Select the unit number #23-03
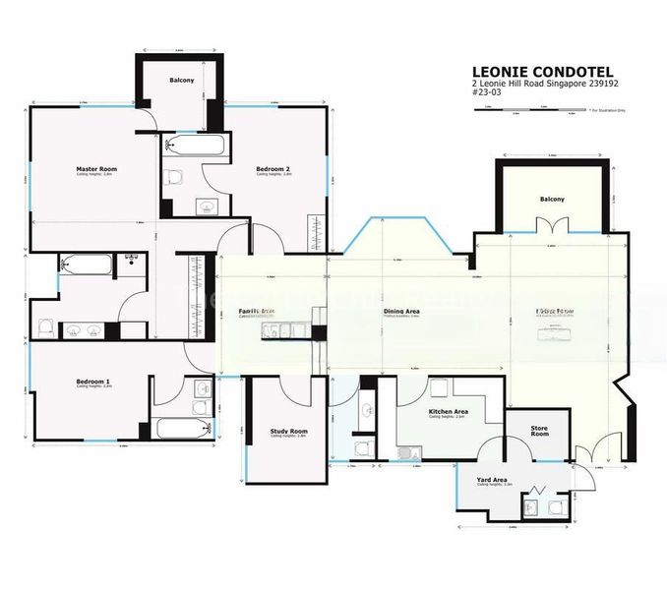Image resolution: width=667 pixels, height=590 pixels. pos(486,97)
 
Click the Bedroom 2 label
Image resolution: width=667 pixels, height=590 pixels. pos(273,169)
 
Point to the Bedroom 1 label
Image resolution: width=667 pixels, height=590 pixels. pos(93,382)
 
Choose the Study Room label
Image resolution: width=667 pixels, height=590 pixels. pos(288,431)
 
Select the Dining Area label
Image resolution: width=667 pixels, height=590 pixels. pos(401,312)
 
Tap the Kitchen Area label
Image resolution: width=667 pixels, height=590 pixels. pos(448,412)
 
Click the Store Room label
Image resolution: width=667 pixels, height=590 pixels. pos(538,430)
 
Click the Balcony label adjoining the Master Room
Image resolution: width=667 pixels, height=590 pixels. pos(181,80)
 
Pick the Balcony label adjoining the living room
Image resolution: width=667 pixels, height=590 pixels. pos(552,200)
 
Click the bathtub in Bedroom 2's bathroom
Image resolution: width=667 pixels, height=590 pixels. pos(198,147)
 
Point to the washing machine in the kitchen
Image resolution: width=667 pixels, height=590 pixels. pos(406,451)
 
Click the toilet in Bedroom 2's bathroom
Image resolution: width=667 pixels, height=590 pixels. pos(175,177)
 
